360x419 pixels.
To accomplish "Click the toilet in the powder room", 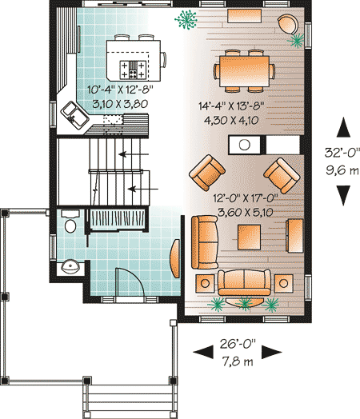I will [70, 221].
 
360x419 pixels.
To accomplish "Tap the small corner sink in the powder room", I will [70, 266].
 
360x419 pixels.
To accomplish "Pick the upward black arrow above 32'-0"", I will [343, 126].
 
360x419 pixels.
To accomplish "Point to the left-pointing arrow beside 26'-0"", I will [202, 352].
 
